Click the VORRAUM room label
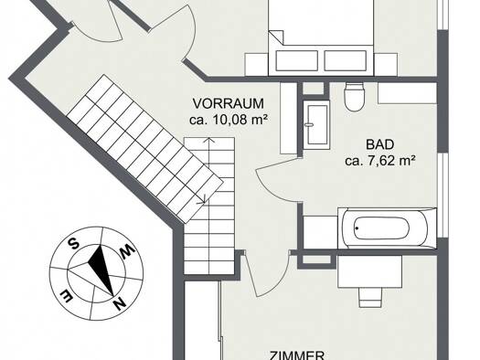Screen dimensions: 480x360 [229, 103]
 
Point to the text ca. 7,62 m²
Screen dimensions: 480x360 [380, 161]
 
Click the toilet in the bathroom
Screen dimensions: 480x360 [354, 96]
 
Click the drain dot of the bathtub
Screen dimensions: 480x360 [357, 228]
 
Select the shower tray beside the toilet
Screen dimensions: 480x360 [316, 125]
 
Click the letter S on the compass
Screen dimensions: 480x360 [73, 243]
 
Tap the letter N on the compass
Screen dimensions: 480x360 [120, 303]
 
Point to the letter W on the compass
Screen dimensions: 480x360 [127, 250]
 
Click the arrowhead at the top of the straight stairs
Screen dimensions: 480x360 [209, 140]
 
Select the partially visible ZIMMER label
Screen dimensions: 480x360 [296, 355]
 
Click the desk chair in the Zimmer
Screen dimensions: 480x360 [370, 297]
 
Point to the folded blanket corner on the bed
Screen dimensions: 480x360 [276, 37]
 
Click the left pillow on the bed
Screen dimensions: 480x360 [296, 60]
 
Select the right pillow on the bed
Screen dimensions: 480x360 [346, 60]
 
